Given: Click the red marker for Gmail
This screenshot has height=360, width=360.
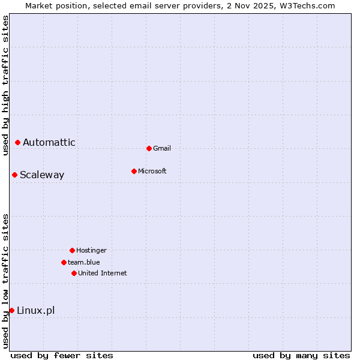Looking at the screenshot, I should tap(149, 148).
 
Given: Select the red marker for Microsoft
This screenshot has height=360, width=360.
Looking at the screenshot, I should tap(134, 171).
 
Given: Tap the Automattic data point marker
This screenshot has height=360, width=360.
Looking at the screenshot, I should tap(17, 142).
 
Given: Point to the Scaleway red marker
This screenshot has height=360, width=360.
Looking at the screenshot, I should tap(14, 175).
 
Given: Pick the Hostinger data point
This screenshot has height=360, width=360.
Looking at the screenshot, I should tap(72, 250).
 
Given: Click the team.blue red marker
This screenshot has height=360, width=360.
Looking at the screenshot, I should tap(64, 262).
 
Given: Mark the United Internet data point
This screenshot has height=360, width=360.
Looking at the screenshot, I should tap(74, 273).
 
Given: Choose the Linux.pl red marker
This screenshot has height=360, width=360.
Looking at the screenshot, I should tap(11, 310).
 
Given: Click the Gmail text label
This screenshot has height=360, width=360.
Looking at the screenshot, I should tap(162, 148).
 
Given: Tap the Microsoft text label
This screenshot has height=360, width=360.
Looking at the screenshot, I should tap(152, 171).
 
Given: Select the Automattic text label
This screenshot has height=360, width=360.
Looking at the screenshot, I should tap(49, 142).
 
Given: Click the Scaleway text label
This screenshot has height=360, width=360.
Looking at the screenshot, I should tap(42, 175).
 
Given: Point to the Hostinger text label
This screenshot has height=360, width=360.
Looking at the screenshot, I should tap(91, 250).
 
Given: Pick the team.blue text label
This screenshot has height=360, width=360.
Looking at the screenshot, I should tap(84, 262).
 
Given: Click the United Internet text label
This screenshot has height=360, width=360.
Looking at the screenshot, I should tap(103, 273).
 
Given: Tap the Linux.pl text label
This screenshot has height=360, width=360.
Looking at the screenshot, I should tap(36, 310).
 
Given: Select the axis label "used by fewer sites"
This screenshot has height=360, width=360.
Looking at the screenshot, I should tap(62, 355).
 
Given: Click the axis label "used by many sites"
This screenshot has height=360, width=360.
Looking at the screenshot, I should tap(301, 355).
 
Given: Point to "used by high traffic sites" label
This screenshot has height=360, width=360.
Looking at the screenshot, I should tap(5, 85).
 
